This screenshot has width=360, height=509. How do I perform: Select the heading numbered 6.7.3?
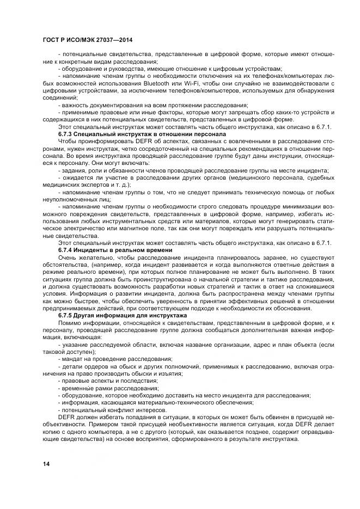[126, 133]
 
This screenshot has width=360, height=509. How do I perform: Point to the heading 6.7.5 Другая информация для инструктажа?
[123, 316]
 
